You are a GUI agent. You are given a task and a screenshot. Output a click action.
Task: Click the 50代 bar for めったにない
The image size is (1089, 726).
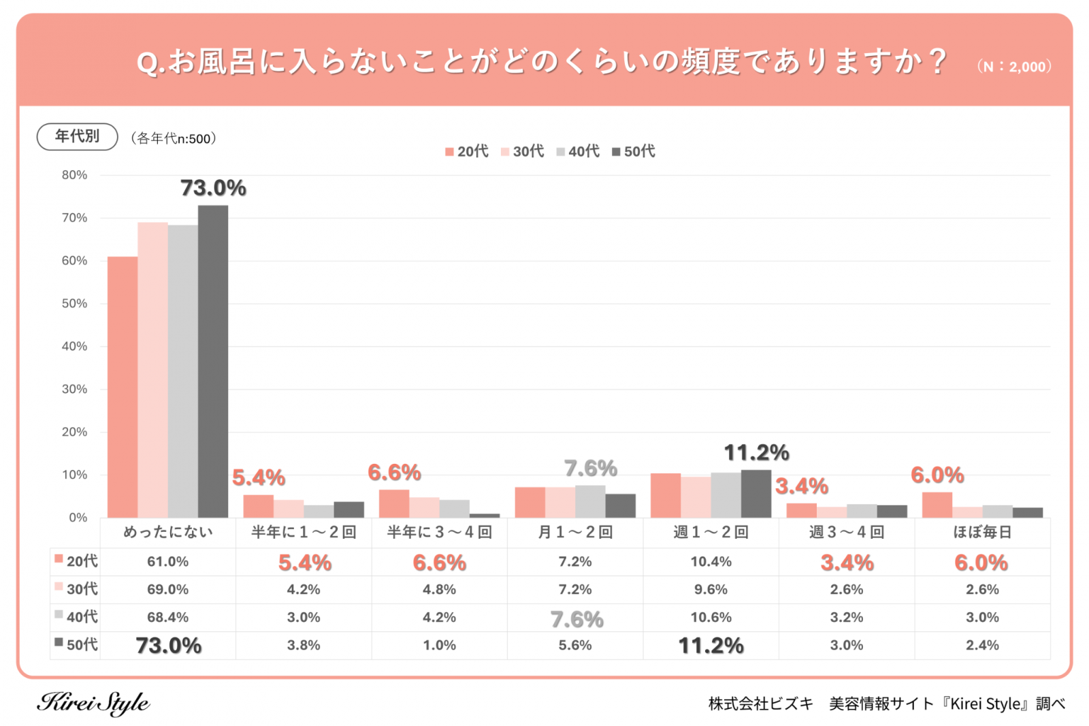(213, 361)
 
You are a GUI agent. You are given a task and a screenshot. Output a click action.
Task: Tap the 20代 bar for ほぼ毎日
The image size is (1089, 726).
(937, 505)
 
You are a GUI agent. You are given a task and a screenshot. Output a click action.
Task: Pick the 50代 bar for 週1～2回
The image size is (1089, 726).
(756, 494)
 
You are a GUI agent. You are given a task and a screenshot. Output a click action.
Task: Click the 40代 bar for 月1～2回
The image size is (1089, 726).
(590, 501)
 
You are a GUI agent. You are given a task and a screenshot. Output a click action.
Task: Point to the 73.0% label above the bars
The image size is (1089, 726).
(213, 188)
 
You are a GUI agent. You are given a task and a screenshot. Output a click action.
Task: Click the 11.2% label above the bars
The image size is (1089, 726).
(756, 453)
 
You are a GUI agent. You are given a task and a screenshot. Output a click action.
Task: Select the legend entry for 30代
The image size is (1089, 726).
(523, 151)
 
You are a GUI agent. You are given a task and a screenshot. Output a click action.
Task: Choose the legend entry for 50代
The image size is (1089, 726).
(634, 151)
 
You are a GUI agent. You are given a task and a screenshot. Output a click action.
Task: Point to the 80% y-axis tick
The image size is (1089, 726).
(74, 175)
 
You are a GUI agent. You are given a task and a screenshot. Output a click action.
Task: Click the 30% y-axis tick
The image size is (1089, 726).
(74, 389)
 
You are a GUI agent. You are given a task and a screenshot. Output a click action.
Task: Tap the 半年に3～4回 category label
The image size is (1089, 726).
(440, 532)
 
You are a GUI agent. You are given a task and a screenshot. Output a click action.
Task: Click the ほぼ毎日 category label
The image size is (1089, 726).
(982, 532)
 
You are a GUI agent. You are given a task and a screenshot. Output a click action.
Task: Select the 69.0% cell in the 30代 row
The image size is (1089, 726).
(167, 589)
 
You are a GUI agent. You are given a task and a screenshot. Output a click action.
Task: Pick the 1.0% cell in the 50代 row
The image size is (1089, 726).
(440, 645)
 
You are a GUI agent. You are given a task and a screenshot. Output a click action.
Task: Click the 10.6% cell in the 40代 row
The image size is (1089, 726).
(711, 617)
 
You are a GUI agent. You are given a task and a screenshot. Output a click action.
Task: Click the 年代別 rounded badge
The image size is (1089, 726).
(77, 136)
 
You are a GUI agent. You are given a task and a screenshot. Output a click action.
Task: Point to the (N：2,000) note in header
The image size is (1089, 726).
(1014, 67)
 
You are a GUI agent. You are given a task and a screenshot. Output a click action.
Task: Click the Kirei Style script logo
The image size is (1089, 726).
(93, 703)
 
